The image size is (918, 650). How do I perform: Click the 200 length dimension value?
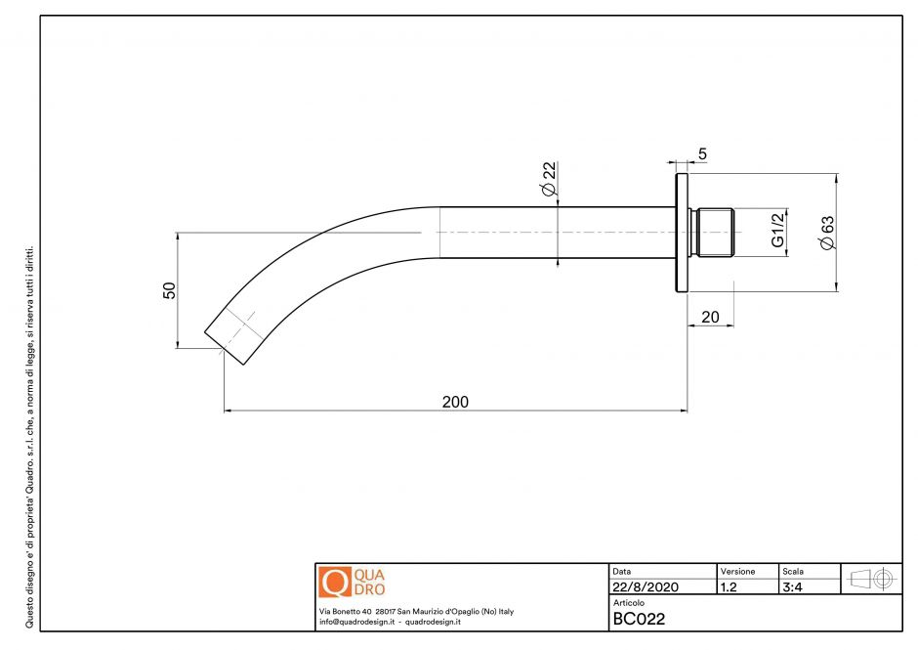point(455,402)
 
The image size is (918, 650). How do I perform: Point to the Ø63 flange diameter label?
point(827,233)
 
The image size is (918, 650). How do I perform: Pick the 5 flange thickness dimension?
point(703,153)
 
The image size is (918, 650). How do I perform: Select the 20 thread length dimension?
point(710,317)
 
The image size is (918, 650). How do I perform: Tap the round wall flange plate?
point(680,233)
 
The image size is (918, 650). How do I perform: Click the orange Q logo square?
point(334,583)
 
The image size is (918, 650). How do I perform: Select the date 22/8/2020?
point(644,587)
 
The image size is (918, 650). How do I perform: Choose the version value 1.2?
point(729,587)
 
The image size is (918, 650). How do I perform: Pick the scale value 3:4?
point(792,587)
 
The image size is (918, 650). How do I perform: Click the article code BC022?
point(640,618)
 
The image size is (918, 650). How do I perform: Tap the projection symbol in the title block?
point(872,578)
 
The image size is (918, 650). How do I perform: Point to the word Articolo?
point(630,603)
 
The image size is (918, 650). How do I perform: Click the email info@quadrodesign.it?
point(355,622)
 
